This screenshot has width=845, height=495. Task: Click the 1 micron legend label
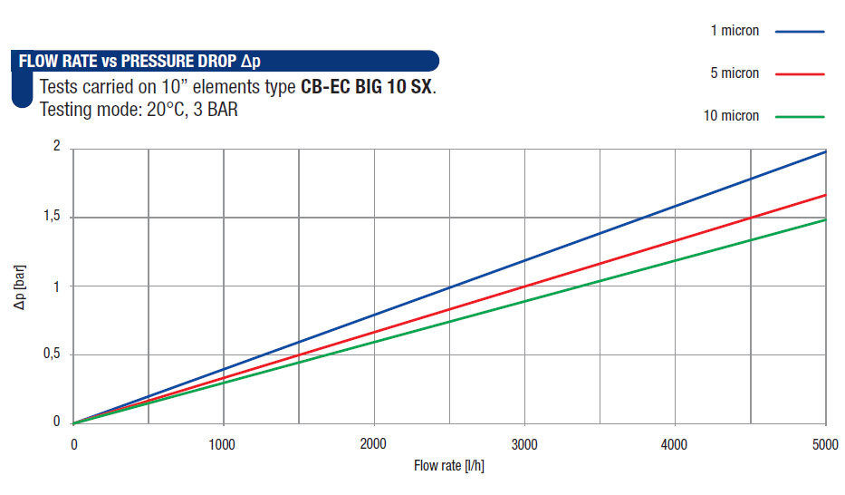click(x=735, y=31)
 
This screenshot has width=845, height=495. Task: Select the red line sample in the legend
click(x=800, y=73)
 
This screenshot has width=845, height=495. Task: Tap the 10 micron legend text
click(x=731, y=116)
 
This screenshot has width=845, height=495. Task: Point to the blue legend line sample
click(x=800, y=31)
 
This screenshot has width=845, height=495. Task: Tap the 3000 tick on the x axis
click(x=524, y=444)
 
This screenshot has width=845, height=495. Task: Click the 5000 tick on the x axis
click(x=824, y=444)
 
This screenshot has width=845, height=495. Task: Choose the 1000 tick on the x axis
click(x=223, y=444)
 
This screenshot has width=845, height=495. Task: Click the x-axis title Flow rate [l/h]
click(x=450, y=467)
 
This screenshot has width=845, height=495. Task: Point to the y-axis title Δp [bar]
click(x=20, y=286)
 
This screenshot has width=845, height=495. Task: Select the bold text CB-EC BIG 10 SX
click(x=367, y=89)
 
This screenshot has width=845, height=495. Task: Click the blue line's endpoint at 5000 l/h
click(x=825, y=151)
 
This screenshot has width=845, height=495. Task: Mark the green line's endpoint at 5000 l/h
click(x=825, y=219)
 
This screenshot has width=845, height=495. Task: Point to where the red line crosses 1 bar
click(x=524, y=286)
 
